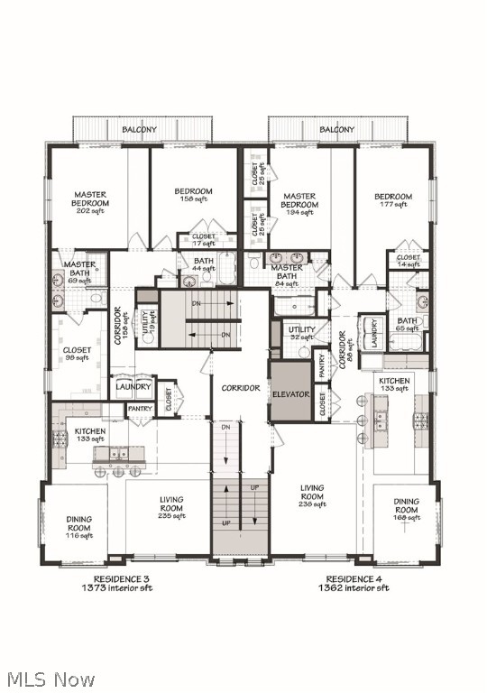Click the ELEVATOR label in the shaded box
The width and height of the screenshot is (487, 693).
pyautogui.click(x=291, y=395)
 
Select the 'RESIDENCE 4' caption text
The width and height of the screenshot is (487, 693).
pyautogui.click(x=358, y=578)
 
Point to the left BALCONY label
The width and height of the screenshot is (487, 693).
pyautogui.click(x=140, y=130)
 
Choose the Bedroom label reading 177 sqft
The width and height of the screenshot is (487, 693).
pyautogui.click(x=393, y=200)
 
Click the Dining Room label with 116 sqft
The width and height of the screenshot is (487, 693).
pyautogui.click(x=79, y=527)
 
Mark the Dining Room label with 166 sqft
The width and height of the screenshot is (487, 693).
pyautogui.click(x=407, y=509)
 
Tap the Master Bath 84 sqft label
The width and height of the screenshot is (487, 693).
pyautogui.click(x=287, y=273)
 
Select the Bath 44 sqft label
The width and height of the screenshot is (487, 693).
pyautogui.click(x=203, y=264)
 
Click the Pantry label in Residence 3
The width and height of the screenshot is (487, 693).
pyautogui.click(x=140, y=409)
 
